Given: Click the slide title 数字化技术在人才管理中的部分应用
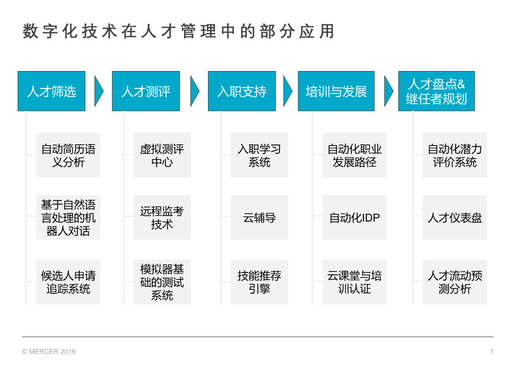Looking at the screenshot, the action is coord(179,32).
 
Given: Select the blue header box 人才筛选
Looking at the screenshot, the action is coord(52,91).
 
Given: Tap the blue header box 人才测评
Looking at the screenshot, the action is coord(146,91).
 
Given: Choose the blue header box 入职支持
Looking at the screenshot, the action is coord(242,91).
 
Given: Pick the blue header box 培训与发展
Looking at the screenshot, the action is coord(336,91).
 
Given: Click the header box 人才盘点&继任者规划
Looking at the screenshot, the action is coord(436,91).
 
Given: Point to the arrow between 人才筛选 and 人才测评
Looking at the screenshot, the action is coord(99,91).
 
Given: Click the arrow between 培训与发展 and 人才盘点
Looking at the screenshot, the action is coord(388,91).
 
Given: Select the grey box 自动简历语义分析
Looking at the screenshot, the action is coord(68,155).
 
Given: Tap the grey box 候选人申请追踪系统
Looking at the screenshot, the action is coord(68,282).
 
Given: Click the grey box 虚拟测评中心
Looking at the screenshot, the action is coord(162,155).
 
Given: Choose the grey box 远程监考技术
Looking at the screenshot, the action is coord(162,218).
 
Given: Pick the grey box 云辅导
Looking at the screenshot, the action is coord(259,218).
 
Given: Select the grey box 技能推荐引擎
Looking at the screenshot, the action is coord(259,282).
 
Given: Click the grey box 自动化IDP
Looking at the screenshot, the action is coord(355,218).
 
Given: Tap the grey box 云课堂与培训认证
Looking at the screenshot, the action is coord(355,282).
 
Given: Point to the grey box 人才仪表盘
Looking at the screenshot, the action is coord(455,218).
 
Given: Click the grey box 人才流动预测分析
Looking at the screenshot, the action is coord(455,282).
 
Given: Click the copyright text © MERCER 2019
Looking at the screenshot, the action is coord(49,352).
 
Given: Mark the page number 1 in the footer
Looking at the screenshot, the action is coord(491,351).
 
